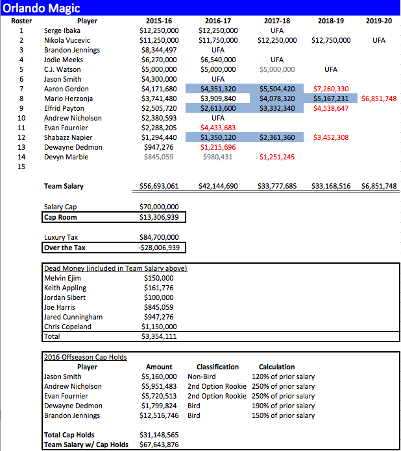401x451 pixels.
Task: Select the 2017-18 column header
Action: coord(277,21)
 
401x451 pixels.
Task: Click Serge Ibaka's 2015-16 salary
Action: coord(158,30)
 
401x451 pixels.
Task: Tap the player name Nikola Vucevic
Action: coord(70,40)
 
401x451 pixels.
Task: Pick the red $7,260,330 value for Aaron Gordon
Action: coord(331,89)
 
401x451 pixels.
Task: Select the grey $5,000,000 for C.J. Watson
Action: coord(277,69)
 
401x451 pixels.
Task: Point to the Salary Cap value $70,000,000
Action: coord(159,207)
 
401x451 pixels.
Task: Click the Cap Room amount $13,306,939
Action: coord(159,217)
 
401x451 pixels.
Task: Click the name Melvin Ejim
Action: coord(62,278)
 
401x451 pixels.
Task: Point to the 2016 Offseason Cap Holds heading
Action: coord(85,357)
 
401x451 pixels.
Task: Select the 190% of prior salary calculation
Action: coord(283,406)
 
